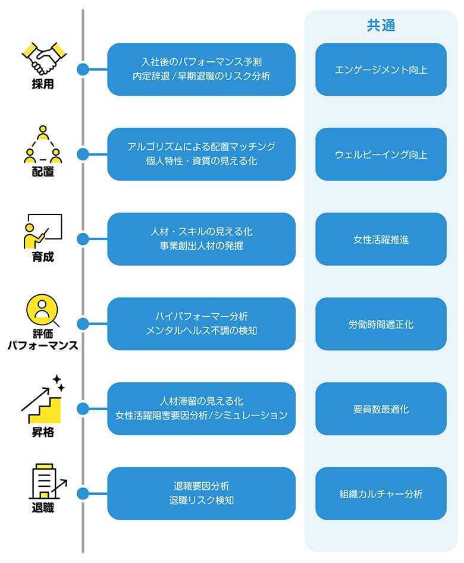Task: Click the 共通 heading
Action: click(381, 26)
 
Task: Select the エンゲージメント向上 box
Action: click(381, 70)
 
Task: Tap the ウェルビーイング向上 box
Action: click(381, 155)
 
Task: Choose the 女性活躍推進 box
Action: click(381, 240)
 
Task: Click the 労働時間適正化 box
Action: click(381, 325)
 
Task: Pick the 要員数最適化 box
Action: click(381, 409)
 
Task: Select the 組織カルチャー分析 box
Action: click(381, 494)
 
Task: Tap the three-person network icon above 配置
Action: click(43, 144)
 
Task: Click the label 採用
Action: click(43, 84)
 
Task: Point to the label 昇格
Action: click(43, 432)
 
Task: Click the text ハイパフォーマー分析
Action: click(201, 316)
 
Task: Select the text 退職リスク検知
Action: click(201, 501)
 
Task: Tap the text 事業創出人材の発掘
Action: click(201, 246)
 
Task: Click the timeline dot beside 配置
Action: click(83, 155)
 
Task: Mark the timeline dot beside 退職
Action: click(83, 494)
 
